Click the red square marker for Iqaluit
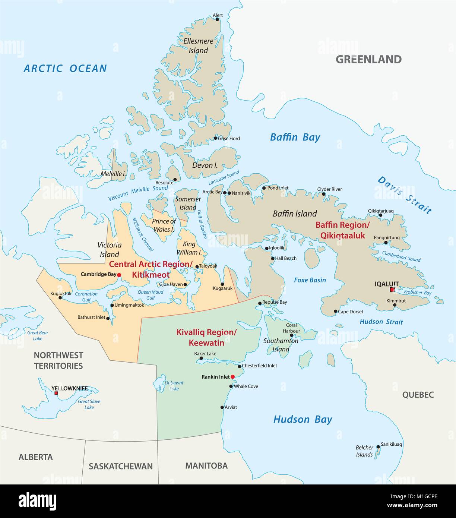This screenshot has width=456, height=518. tap(392, 290)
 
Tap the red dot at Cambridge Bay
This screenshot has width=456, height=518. tap(119, 275)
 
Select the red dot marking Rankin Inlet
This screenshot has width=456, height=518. tap(232, 377)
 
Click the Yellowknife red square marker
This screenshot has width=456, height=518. tap(56, 393)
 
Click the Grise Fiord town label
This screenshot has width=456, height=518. tap(229, 138)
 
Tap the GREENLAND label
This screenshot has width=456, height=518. tap(368, 59)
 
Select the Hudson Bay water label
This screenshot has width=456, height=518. tap(302, 420)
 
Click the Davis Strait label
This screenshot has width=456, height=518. tap(404, 195)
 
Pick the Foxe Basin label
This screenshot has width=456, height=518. tap(310, 280)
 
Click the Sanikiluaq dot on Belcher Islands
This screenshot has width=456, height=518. tap(378, 446)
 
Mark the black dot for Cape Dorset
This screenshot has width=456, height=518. tap(335, 311)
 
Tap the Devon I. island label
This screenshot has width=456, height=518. tap(205, 165)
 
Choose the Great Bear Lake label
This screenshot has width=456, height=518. tap(38, 336)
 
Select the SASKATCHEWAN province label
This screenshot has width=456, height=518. tap(121, 466)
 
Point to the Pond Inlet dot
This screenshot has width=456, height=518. tap(264, 188)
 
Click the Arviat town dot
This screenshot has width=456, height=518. tap(222, 407)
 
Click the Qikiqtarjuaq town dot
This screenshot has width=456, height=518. tap(380, 215)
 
